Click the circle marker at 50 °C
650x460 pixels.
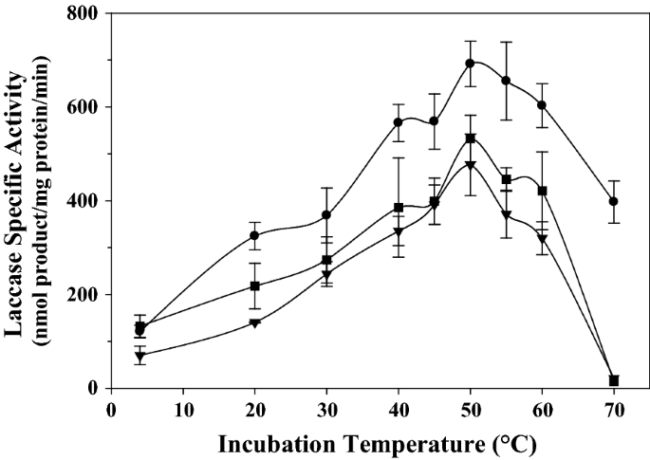tap(470, 64)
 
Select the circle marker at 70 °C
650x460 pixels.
tap(614, 201)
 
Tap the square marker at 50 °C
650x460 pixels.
tap(470, 138)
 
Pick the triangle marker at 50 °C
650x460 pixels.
tap(470, 165)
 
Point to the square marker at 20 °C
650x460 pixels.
tap(254, 286)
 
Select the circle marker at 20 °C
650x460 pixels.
tap(254, 235)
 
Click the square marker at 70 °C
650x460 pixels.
tap(614, 380)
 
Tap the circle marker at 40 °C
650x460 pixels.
tap(399, 122)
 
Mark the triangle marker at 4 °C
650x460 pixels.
tap(140, 357)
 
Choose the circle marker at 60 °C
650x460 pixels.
tap(542, 105)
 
